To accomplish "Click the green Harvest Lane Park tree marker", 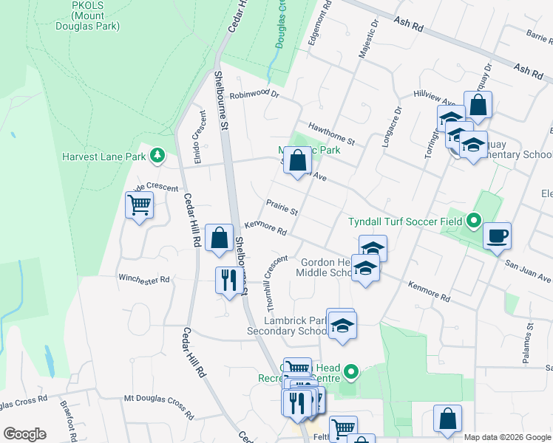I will pyautogui.click(x=157, y=155).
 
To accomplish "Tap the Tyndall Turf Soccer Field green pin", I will pyautogui.click(x=474, y=220).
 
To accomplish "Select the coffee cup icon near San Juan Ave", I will pyautogui.click(x=497, y=237).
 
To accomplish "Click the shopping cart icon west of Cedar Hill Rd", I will pyautogui.click(x=140, y=205).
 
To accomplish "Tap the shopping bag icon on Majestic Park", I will pyautogui.click(x=297, y=161).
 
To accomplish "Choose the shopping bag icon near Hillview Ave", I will pyautogui.click(x=478, y=106).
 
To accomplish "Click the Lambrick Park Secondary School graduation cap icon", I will pyautogui.click(x=342, y=324).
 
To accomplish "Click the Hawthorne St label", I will pyautogui.click(x=331, y=134).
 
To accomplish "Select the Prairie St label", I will pyautogui.click(x=282, y=207).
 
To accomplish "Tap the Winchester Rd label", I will pyautogui.click(x=144, y=280).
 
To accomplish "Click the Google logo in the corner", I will pyautogui.click(x=24, y=434).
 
